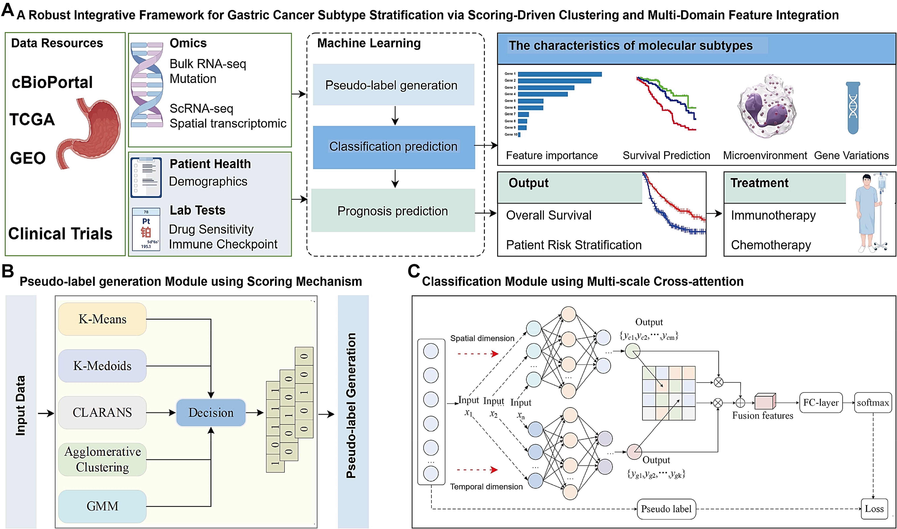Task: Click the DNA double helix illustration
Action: (x=147, y=85)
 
